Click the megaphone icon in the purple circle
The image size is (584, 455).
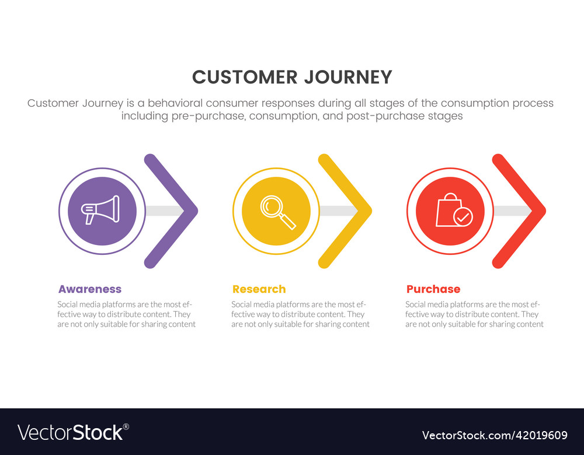[x=100, y=210]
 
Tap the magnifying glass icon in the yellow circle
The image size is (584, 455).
[x=278, y=212]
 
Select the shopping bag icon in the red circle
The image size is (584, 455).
[x=454, y=210]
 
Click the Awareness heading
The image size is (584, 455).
[x=90, y=289]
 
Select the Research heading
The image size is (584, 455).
[x=259, y=289]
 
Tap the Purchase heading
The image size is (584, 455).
[x=433, y=289]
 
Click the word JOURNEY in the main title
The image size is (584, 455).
[x=348, y=78]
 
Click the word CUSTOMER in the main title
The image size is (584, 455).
[x=245, y=78]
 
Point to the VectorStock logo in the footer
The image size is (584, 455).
[x=74, y=433]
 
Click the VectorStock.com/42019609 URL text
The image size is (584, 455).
[x=495, y=435]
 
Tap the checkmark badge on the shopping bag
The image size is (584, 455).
[x=463, y=217]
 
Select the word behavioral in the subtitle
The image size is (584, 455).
[x=175, y=103]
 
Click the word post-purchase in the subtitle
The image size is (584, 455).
[x=385, y=116]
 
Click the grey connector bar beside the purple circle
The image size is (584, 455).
[x=165, y=211]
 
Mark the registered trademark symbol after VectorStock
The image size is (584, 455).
[x=126, y=427]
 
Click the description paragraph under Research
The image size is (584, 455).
[x=300, y=314]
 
